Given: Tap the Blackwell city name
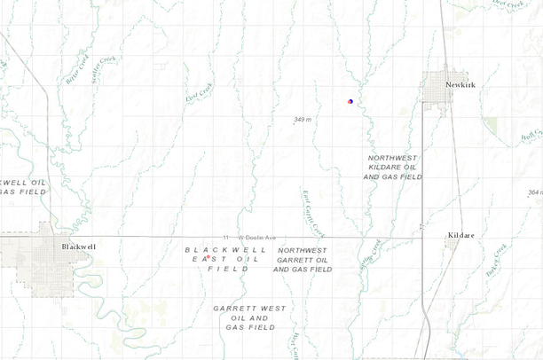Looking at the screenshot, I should click(78, 247).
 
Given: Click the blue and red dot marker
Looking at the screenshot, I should click(350, 102).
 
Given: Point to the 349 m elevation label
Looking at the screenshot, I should click(303, 119).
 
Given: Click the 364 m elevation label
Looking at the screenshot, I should click(534, 192).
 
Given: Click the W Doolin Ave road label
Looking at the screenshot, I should click(256, 238).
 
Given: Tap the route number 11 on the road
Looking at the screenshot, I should click(227, 238).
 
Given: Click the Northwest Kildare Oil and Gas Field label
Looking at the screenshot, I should click(392, 167).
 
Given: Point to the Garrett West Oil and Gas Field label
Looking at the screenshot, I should click(249, 317).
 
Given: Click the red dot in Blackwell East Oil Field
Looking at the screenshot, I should click(208, 258).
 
